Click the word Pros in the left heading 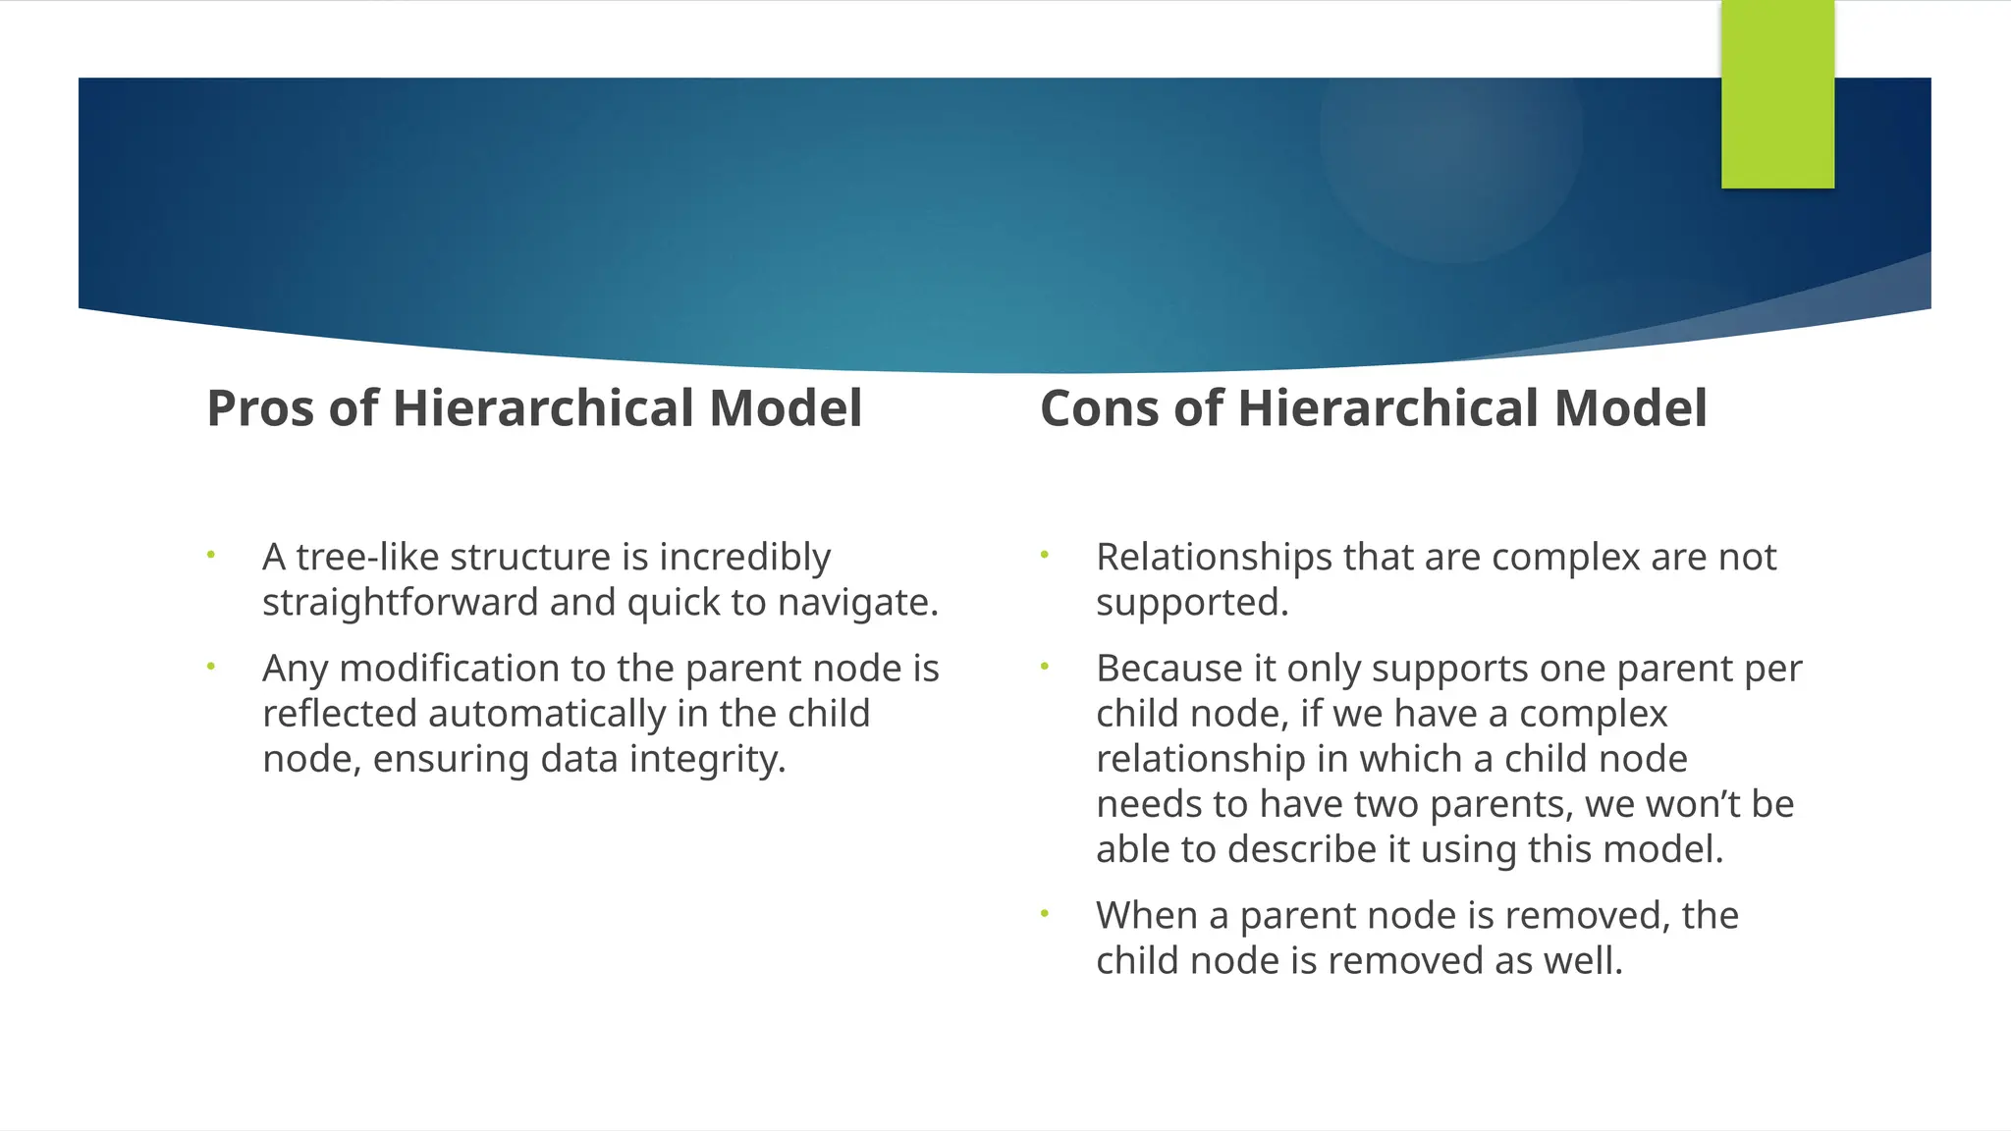coord(261,408)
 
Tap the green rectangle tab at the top coord(1777,94)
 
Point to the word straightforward coord(401,602)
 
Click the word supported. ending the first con coord(1191,602)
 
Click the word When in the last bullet coord(1146,915)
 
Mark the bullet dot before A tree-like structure coord(210,556)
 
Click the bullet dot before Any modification coord(210,667)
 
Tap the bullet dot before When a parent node coord(1045,914)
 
